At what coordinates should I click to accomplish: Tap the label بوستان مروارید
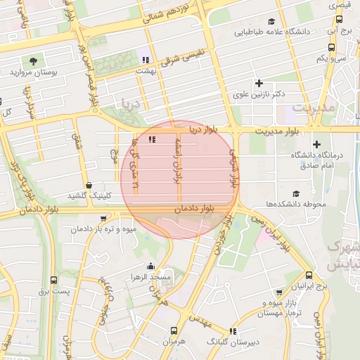(x=33, y=72)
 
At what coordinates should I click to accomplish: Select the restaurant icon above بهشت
(x=146, y=60)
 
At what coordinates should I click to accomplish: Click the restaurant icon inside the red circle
(x=152, y=139)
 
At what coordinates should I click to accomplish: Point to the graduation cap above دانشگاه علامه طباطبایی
(x=286, y=20)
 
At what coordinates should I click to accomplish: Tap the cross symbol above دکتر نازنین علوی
(x=260, y=84)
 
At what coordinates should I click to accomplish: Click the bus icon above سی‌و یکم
(x=331, y=47)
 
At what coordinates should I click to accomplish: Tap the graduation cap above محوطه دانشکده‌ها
(x=295, y=193)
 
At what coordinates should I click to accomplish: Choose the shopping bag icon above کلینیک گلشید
(x=89, y=185)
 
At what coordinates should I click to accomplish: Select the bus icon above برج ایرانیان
(x=310, y=276)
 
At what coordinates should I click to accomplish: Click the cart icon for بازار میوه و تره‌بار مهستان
(x=280, y=292)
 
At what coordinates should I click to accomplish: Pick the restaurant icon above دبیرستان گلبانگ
(x=233, y=330)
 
